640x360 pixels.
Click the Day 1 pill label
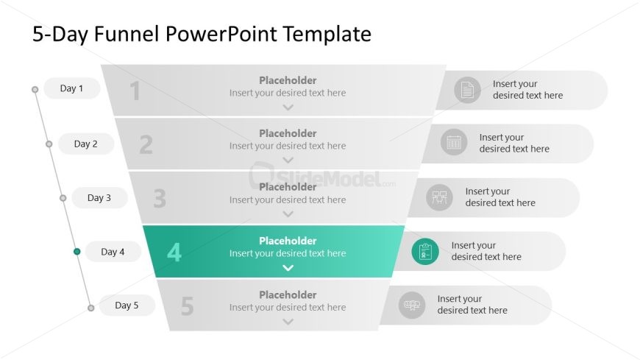72,88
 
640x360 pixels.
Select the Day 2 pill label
86,144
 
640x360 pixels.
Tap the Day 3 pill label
99,198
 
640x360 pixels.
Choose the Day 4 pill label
113,252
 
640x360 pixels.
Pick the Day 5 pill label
127,306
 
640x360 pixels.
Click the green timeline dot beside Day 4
77,252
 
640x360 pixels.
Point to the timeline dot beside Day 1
35,90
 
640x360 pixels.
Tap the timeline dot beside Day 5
91,308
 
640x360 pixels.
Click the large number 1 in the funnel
135,91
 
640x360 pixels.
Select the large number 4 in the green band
174,252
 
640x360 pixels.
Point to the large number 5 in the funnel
187,306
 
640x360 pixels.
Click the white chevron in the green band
288,268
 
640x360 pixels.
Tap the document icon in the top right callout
467,90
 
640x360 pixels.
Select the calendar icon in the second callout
454,142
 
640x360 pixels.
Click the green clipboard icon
425,251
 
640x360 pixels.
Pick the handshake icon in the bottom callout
412,305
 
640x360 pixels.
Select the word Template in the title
327,34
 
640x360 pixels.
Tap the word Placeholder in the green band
288,241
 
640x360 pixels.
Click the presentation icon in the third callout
440,197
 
